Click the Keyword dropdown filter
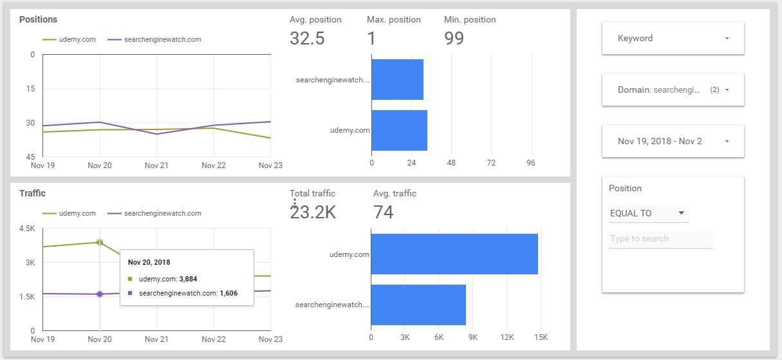coord(673,39)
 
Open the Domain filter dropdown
coord(673,90)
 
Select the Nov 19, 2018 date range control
coord(673,142)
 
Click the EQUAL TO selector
coord(648,213)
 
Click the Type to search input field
coord(661,239)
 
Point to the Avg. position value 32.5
coord(307,38)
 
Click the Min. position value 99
coord(454,38)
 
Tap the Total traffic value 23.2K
coord(313,212)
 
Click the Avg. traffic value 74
coord(383,212)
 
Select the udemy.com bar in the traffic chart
coord(454,254)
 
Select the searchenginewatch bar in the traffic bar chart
coord(418,305)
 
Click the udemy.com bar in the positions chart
coord(399,130)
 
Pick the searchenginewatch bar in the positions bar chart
coord(397,80)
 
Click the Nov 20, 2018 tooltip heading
coord(149,262)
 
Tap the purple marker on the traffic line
coord(100,294)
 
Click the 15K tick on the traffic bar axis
coord(541,337)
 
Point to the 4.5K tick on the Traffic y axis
coord(27,229)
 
